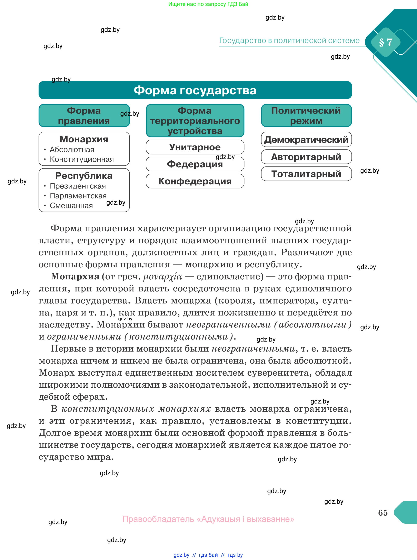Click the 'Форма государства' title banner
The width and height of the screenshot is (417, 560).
195,90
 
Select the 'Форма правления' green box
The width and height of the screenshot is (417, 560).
84,116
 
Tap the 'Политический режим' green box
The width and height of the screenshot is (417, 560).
306,116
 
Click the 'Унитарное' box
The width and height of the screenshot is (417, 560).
195,147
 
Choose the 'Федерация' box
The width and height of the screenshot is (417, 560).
195,164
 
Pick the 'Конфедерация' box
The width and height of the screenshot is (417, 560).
195,181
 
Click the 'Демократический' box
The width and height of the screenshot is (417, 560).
306,140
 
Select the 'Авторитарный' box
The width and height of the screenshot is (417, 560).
306,157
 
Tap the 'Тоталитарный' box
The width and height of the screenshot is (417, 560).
306,174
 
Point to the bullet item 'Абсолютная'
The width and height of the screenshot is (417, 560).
72,150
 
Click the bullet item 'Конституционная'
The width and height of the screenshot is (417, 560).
81,160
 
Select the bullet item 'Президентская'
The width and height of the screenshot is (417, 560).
78,186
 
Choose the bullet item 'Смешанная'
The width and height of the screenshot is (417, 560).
71,206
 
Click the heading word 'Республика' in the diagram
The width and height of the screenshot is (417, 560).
84,176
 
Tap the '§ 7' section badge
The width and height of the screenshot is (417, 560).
385,42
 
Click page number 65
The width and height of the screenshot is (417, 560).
383,513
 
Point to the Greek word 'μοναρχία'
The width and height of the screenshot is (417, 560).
162,277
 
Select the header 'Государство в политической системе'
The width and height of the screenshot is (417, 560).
289,41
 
